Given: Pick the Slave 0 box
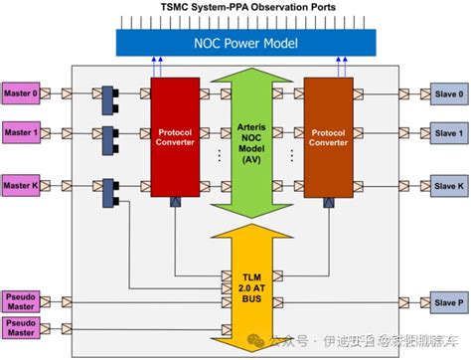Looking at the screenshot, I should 446,93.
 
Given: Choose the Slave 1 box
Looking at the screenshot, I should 446,132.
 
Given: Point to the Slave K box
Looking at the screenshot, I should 446,185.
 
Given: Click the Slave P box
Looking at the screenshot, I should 446,302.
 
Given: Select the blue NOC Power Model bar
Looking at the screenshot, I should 236,43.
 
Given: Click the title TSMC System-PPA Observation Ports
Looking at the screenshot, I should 235,8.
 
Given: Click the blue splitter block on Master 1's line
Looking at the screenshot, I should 106,133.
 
